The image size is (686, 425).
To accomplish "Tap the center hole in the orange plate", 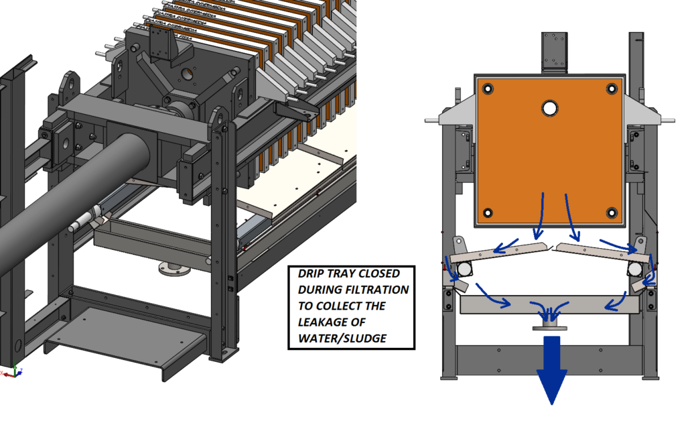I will pos(550,108).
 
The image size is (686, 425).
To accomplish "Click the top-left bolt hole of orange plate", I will pos(487,89).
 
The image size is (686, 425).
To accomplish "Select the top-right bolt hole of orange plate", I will pos(612,89).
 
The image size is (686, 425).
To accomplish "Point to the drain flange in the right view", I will pos(549,325).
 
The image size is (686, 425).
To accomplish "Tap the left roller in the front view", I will pos(463,269).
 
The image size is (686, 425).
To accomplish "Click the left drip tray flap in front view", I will pos(499,251).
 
